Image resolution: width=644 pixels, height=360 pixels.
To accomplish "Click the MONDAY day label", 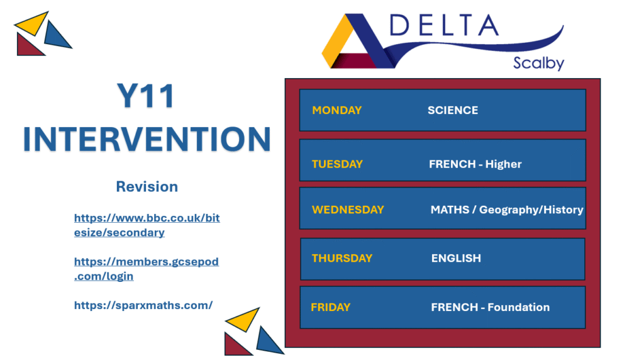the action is point(337,110).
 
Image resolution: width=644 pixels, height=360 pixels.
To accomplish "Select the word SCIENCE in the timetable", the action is point(453,110).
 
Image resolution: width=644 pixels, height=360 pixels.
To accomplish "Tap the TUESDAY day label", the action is point(337,164).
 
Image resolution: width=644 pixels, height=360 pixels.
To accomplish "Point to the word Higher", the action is point(503,164).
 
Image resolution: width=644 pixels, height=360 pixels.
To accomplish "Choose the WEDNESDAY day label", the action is point(348,210).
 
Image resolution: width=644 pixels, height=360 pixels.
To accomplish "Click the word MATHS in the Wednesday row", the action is point(450,210).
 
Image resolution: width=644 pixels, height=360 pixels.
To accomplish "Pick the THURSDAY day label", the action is point(342,258).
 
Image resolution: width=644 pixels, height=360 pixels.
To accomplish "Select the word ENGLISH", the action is point(456,258).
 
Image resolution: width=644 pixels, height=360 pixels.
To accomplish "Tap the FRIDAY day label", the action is point(331,307).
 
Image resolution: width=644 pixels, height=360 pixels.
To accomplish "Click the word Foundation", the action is point(518,307).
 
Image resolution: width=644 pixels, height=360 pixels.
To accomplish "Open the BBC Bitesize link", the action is point(147,225).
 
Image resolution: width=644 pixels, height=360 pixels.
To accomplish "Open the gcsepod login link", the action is point(146,269).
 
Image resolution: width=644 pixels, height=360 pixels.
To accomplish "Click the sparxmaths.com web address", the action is point(143,305).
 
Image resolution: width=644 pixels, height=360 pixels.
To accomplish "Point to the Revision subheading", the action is point(147,186).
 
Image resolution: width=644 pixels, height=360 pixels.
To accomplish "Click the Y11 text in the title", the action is point(146,96).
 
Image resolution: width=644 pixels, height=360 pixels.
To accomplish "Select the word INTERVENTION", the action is point(147,139).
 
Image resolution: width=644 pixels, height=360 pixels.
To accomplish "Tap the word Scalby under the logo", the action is point(538,64).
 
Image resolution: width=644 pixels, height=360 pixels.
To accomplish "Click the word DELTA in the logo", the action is point(444,25).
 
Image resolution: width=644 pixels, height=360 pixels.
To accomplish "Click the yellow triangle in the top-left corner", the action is point(33,24).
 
